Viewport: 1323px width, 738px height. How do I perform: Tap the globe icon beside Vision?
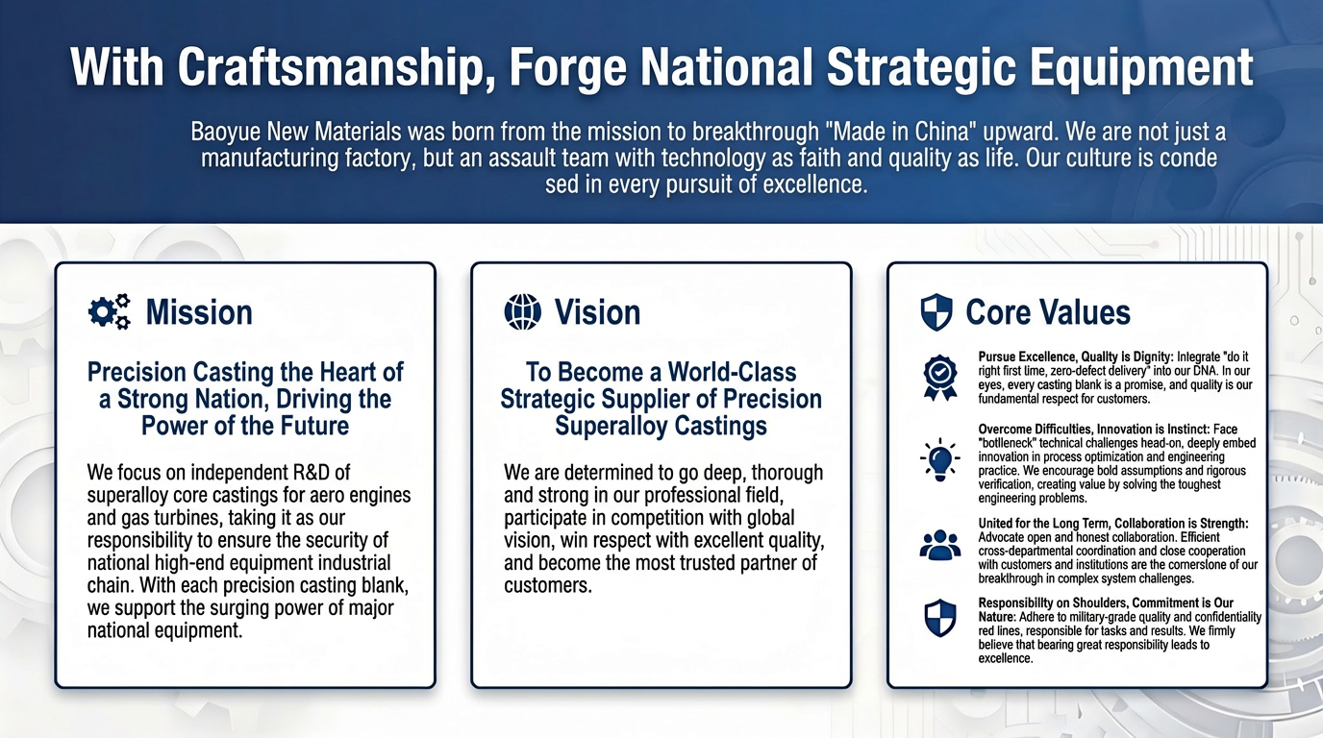[523, 311]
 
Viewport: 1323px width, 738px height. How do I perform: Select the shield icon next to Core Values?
[936, 311]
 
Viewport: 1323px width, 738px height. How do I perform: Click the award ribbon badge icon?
[940, 378]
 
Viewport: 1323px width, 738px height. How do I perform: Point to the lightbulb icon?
[940, 459]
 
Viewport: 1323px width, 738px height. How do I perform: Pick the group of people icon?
[940, 544]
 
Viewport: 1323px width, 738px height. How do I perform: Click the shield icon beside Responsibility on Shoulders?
[940, 618]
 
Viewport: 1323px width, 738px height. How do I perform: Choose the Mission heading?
[199, 311]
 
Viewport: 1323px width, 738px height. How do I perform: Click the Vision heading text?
[597, 311]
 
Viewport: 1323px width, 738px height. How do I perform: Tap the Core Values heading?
[1048, 311]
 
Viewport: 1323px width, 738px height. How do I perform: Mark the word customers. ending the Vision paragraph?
[547, 585]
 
